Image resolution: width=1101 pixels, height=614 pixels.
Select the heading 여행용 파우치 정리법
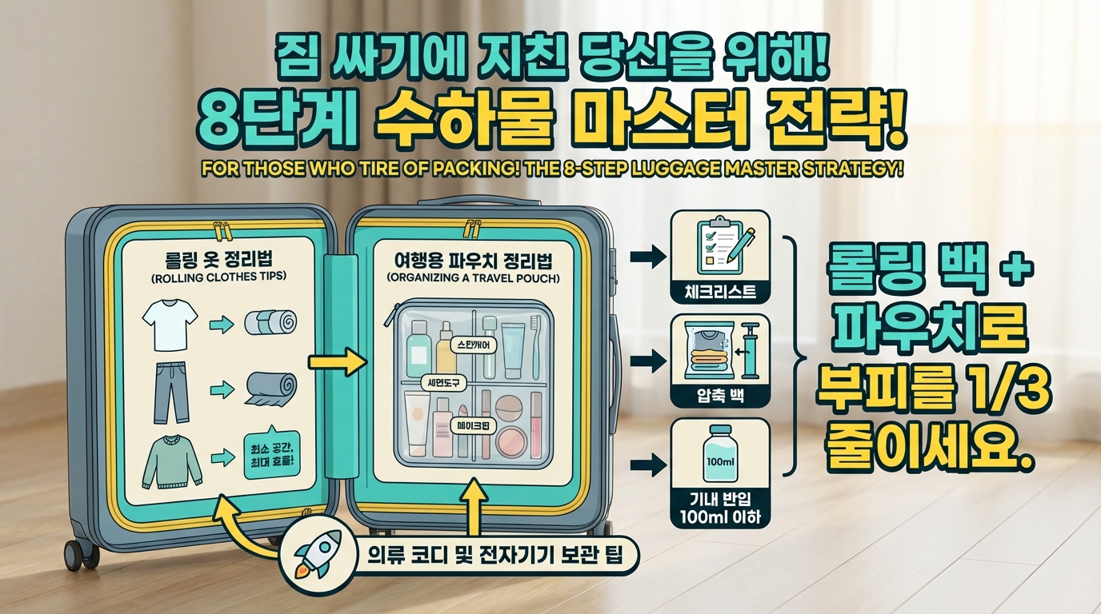478,261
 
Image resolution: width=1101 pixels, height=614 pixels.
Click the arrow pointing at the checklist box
647,257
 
